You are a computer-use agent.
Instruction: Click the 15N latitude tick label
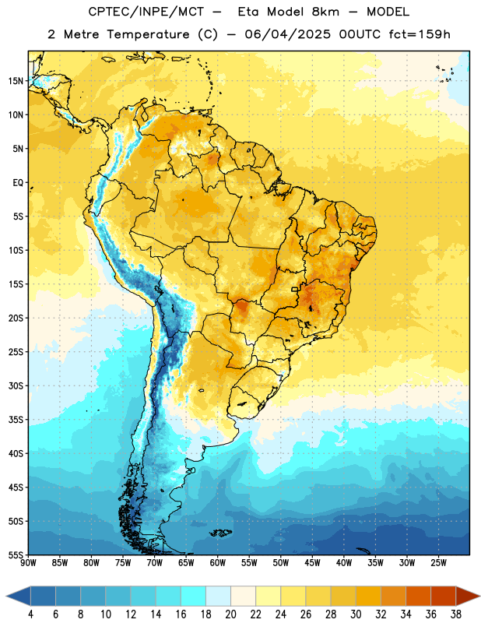click(16, 81)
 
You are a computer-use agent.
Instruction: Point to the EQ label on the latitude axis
click(18, 183)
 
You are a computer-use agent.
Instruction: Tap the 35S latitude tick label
click(16, 420)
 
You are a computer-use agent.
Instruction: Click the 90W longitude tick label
click(28, 563)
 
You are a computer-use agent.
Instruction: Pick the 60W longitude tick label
click(218, 563)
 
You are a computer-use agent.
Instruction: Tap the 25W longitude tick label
click(438, 563)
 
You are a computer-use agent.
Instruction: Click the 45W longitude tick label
click(312, 563)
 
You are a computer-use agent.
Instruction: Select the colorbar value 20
click(230, 614)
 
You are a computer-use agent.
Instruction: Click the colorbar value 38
click(456, 614)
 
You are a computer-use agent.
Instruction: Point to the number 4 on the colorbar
click(30, 614)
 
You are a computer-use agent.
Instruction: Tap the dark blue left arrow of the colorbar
click(18, 596)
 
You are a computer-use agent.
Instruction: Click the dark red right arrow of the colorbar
click(469, 596)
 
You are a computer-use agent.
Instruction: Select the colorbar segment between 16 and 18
click(193, 596)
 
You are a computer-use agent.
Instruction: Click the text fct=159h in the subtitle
click(420, 34)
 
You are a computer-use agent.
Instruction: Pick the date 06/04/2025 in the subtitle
click(287, 34)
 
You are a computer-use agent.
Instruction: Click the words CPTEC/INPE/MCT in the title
click(146, 12)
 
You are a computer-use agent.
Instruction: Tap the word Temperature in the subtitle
click(148, 35)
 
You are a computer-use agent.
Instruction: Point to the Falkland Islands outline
click(220, 533)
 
